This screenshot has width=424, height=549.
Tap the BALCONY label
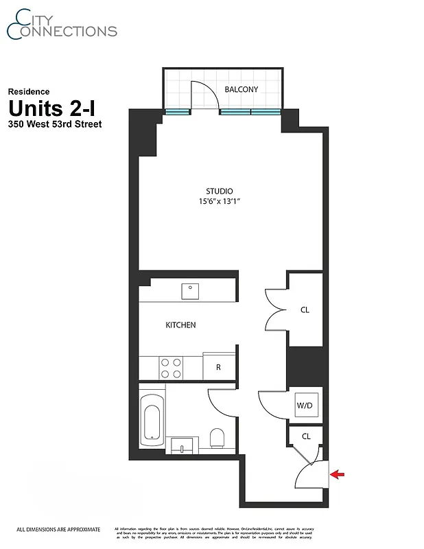(242, 89)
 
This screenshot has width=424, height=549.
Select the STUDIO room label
(219, 191)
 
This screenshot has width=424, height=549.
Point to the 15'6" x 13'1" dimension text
(219, 202)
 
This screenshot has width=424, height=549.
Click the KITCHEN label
(180, 325)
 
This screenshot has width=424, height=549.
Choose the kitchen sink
(190, 290)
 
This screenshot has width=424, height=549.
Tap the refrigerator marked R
(218, 366)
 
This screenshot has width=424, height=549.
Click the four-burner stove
(171, 367)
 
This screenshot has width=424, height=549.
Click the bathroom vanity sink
(181, 445)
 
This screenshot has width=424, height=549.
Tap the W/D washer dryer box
(305, 406)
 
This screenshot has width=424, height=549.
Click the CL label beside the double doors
(305, 310)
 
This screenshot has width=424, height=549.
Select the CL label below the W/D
(306, 436)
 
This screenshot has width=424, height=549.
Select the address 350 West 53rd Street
(55, 124)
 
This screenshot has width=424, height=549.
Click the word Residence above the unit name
(29, 91)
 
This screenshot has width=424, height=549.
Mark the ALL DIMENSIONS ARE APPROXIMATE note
(58, 529)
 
